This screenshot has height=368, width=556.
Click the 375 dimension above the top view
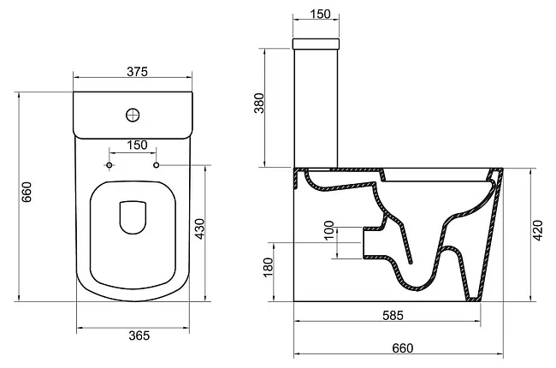pyautogui.click(x=137, y=72)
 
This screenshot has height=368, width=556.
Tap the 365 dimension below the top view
pyautogui.click(x=139, y=335)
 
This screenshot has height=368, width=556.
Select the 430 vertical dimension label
pyautogui.click(x=200, y=229)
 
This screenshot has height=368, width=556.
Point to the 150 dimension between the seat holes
pyautogui.click(x=137, y=145)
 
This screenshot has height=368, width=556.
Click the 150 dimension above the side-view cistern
pyautogui.click(x=320, y=14)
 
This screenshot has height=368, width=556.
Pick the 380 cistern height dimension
pyautogui.click(x=259, y=103)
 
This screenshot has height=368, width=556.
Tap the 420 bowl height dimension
pyautogui.click(x=538, y=231)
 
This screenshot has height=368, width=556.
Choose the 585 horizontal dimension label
pyautogui.click(x=393, y=315)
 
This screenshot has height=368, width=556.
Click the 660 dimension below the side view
pyautogui.click(x=403, y=348)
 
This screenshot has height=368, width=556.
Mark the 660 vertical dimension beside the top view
pyautogui.click(x=27, y=192)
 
